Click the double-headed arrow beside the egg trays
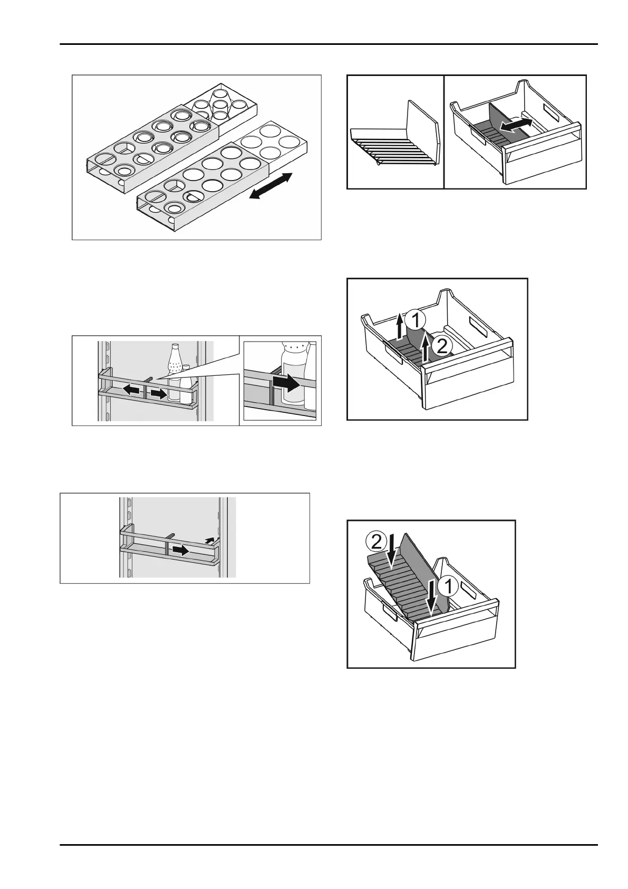(270, 186)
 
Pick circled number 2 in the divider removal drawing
(443, 346)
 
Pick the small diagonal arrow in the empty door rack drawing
(210, 539)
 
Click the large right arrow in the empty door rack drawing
(181, 550)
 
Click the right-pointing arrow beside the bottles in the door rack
(159, 393)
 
